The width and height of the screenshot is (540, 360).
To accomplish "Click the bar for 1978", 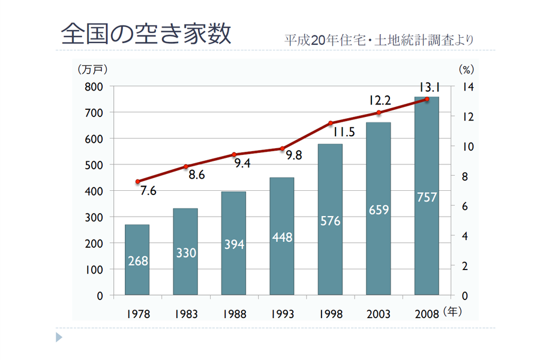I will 137,260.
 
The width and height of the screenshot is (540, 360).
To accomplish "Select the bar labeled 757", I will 427,196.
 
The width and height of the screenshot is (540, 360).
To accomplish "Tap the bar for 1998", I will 330,220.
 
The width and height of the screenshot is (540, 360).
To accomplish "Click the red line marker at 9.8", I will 282,149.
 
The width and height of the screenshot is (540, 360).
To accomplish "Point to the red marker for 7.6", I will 137,181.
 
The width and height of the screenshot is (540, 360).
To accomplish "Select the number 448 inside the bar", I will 282,238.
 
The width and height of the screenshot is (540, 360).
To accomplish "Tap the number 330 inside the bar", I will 185,253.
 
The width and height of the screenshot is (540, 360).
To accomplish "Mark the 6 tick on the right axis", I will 465,206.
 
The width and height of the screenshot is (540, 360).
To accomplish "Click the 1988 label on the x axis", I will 234,314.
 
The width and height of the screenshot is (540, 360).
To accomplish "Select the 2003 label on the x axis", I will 379,314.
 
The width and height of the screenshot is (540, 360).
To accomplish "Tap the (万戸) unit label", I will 92,69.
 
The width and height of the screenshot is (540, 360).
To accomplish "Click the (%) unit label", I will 466,70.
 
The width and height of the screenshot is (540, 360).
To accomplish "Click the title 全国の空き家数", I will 146,34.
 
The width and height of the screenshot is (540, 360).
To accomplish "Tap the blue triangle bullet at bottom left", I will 59,338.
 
